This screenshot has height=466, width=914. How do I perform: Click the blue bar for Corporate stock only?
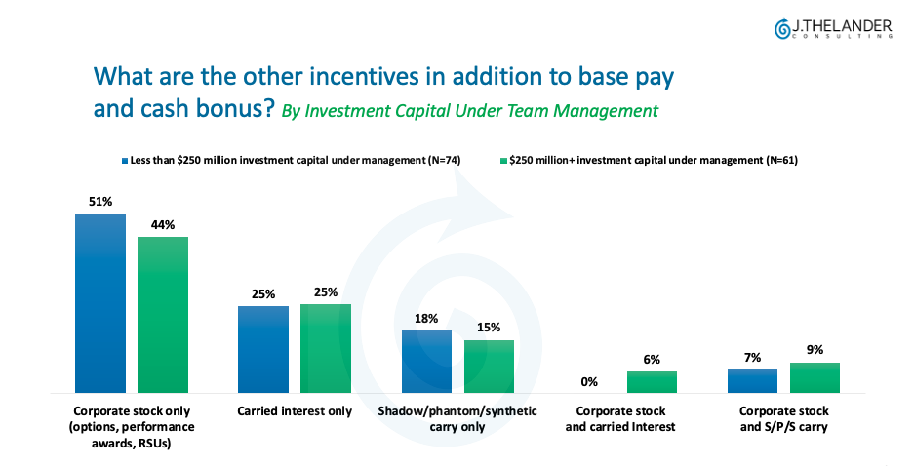[x=100, y=303]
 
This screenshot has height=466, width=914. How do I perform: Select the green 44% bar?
[x=163, y=315]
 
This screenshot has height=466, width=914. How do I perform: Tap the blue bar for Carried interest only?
[x=263, y=349]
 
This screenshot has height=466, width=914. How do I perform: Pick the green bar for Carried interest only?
[x=326, y=348]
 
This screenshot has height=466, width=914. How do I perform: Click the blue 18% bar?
[x=426, y=362]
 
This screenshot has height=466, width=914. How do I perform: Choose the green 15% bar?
[x=489, y=367]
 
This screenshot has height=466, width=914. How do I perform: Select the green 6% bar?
[x=652, y=382]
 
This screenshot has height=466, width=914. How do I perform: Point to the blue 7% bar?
[x=752, y=381]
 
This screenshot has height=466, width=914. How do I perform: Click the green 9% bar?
[x=815, y=377]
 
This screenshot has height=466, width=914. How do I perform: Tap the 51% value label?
[x=100, y=202]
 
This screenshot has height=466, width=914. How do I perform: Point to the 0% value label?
[x=589, y=382]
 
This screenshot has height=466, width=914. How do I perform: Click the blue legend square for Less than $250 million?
[x=125, y=160]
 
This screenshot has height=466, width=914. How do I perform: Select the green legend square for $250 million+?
[x=503, y=160]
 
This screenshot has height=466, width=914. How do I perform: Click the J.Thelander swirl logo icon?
[x=782, y=29]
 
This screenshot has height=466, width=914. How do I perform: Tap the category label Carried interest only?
[x=295, y=411]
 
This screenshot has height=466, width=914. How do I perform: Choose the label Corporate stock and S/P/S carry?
[x=784, y=419]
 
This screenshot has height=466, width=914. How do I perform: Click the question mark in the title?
[x=267, y=108]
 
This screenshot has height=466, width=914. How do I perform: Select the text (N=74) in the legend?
[x=444, y=160]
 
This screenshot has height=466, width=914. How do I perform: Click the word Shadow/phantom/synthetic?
[x=457, y=411]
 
